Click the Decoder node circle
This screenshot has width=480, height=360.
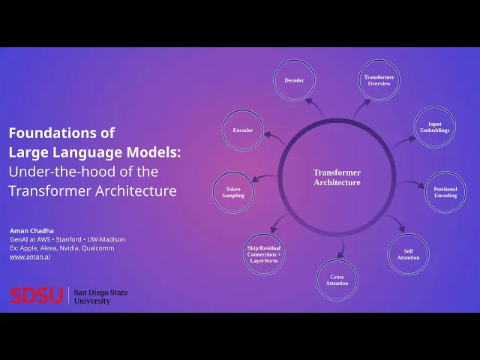coord(294,80)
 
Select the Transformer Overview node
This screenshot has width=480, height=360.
coord(379,80)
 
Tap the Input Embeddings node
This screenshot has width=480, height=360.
coord(434,127)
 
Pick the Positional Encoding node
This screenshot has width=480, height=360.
coord(445,193)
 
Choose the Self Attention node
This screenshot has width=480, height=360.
coord(408,254)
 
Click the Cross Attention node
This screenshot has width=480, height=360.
coord(337,280)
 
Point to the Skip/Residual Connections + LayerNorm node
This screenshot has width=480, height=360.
coord(263,254)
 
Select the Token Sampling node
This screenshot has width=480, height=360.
coord(233,192)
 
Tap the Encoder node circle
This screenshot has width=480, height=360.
coord(242,130)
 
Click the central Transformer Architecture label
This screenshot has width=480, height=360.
coord(337,178)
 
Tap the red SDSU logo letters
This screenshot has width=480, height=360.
coord(36,295)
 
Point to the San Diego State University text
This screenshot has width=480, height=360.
coord(102,295)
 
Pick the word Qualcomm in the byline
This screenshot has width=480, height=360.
coord(97,247)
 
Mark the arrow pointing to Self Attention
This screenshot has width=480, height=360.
coord(394,224)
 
